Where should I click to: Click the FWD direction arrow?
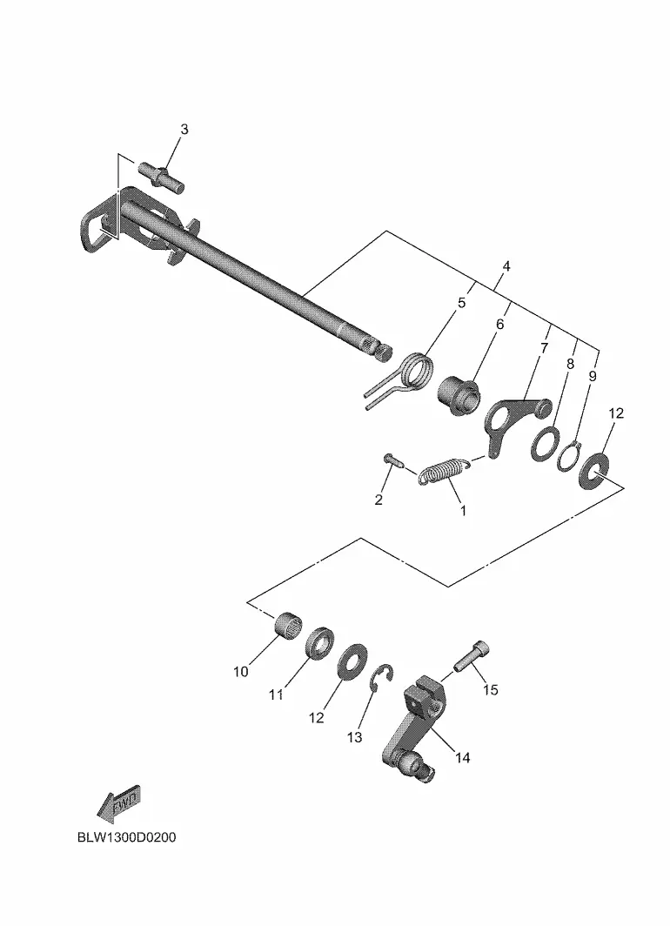click(x=118, y=804)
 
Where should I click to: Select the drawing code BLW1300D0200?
click(x=126, y=837)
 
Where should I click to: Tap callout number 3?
click(x=184, y=130)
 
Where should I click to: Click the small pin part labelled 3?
click(x=162, y=178)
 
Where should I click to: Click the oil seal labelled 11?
click(x=319, y=643)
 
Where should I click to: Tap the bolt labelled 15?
click(x=472, y=656)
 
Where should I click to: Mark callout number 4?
click(x=506, y=266)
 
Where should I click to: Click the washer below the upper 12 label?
click(x=593, y=470)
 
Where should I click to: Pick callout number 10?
click(x=241, y=672)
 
